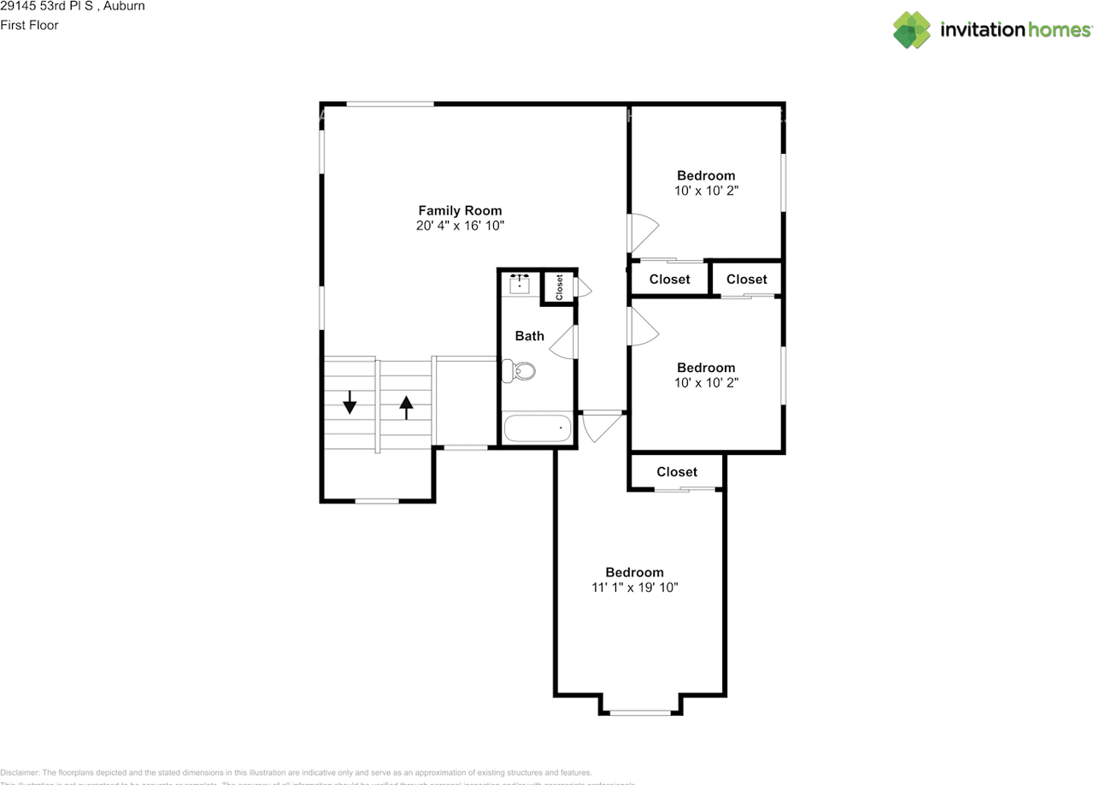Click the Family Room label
(x=460, y=210)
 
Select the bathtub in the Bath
(x=538, y=428)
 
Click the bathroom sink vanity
(x=519, y=283)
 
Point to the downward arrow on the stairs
(x=350, y=402)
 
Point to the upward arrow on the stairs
(x=406, y=406)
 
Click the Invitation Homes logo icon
(x=912, y=30)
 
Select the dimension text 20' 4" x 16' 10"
(x=460, y=226)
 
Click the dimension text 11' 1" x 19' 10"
(x=634, y=587)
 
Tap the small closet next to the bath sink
(x=560, y=287)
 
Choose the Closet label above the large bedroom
(x=677, y=471)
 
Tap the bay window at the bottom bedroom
(x=640, y=711)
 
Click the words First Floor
(x=30, y=25)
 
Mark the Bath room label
(x=529, y=336)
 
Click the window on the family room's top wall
(x=390, y=104)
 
